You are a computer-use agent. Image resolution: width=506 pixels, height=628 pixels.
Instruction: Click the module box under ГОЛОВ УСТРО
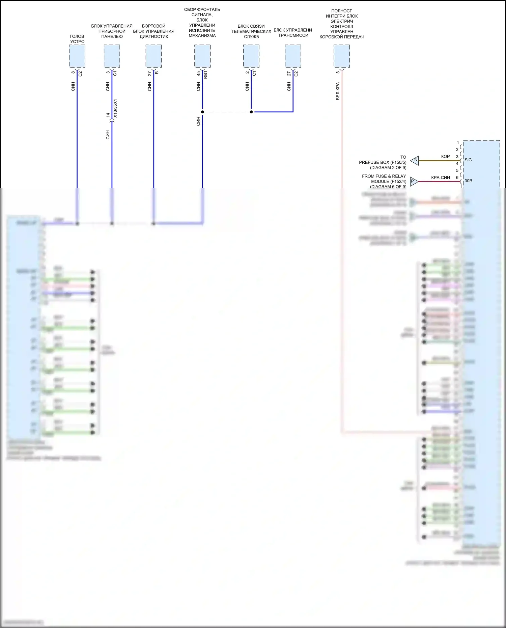point(77,56)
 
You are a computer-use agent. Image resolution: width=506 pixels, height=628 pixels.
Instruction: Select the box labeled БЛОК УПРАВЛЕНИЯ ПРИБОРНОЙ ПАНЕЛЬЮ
point(112,56)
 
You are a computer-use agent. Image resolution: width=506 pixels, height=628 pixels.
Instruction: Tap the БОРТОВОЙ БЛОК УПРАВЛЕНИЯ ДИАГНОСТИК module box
point(154,56)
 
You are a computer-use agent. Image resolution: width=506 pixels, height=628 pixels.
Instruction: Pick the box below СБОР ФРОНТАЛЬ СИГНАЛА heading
point(202,56)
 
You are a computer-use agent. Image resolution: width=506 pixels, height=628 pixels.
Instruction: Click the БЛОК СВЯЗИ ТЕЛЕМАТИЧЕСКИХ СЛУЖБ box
point(251,56)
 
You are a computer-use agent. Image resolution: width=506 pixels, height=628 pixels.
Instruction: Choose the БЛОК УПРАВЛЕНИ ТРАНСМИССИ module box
point(293,56)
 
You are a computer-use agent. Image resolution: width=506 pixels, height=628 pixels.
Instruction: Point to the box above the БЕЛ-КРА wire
point(342,56)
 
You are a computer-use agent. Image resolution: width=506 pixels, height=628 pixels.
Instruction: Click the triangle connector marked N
point(415,161)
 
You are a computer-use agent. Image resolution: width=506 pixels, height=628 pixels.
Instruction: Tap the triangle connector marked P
point(414,182)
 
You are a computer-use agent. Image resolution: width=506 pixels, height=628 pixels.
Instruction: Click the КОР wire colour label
point(445,157)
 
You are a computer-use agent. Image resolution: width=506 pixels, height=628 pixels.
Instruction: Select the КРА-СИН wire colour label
point(440,178)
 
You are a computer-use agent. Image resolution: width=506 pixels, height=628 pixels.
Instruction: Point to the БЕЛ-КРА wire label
point(338,91)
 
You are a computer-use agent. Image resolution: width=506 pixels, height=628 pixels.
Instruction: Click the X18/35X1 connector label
point(115,108)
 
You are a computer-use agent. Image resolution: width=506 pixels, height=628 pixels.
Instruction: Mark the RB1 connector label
point(206,75)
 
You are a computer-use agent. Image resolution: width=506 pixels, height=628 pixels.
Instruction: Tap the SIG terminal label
point(468,160)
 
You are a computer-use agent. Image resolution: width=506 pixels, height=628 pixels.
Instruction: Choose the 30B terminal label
point(468,181)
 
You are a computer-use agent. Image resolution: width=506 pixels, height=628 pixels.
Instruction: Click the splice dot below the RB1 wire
point(202,112)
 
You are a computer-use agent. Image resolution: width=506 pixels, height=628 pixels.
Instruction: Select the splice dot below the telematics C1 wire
point(251,112)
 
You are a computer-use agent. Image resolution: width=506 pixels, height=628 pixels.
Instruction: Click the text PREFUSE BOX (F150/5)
point(383,162)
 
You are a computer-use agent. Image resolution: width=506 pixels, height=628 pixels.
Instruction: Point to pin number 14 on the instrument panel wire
point(108,115)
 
